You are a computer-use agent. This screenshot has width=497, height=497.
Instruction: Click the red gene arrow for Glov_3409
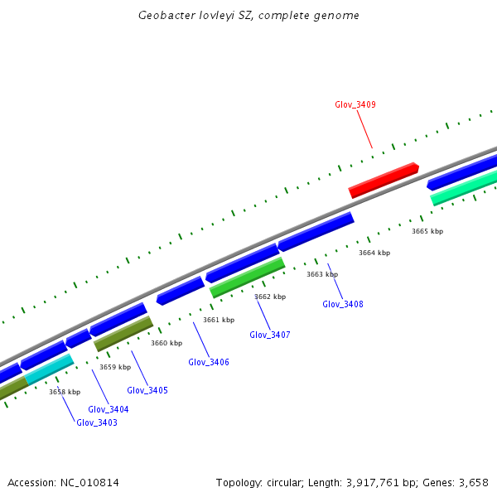pyautogui.click(x=384, y=180)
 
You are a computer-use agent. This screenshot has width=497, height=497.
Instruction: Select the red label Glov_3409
pyautogui.click(x=355, y=104)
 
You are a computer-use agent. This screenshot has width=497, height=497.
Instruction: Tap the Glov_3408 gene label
pyautogui.click(x=342, y=304)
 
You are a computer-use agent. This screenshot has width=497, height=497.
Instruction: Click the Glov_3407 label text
pyautogui.click(x=269, y=335)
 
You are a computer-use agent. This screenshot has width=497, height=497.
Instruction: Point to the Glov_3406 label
pyautogui.click(x=209, y=362)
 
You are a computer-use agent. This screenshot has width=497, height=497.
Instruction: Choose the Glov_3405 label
pyautogui.click(x=147, y=390)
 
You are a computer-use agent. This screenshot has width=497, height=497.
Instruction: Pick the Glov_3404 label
pyautogui.click(x=109, y=409)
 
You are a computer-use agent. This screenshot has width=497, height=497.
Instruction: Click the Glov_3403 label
pyautogui.click(x=97, y=422)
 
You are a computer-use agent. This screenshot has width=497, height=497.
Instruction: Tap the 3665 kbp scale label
pyautogui.click(x=427, y=231)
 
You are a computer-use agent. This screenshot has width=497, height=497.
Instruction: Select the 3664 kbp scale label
pyautogui.click(x=374, y=253)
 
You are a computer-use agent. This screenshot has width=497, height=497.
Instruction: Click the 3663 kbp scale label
pyautogui.click(x=321, y=274)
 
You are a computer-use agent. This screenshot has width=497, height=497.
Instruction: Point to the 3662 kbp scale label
pyautogui.click(x=269, y=297)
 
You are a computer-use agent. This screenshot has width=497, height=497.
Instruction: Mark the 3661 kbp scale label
pyautogui.click(x=218, y=320)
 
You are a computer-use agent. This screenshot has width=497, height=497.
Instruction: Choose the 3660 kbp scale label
pyautogui.click(x=166, y=343)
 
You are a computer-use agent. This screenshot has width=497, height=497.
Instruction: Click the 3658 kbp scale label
pyautogui.click(x=64, y=392)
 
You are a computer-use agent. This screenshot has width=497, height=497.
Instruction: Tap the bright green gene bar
pyautogui.click(x=248, y=277)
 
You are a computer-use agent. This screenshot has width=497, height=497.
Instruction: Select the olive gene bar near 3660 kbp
pyautogui.click(x=123, y=333)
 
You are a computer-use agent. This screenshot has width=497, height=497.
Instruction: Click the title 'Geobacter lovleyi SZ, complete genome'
pyautogui.click(x=248, y=15)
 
